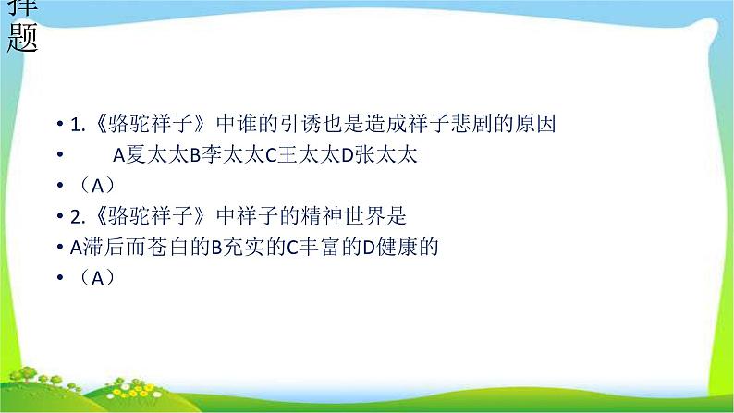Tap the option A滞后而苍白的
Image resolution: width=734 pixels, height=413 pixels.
point(129,246)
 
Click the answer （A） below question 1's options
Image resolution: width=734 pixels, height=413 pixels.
point(93,185)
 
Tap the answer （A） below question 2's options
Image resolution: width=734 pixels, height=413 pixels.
point(93,276)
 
